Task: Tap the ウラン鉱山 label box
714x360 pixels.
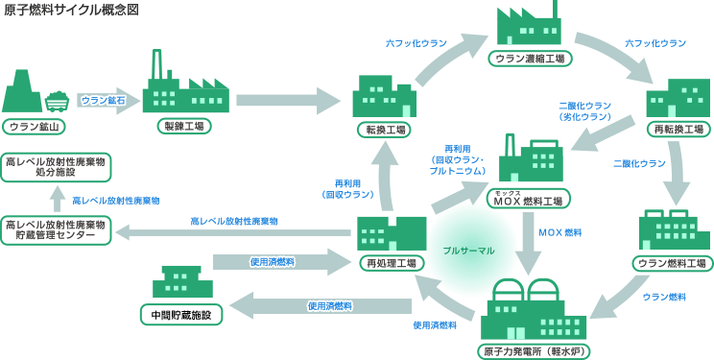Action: coord(35,126)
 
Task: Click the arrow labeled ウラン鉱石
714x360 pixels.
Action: coord(103,99)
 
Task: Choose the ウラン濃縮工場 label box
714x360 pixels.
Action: coord(529,59)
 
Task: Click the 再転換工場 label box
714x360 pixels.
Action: coord(678,129)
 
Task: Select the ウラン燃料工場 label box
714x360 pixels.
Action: coord(673,262)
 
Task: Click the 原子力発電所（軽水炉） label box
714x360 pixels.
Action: coord(534,351)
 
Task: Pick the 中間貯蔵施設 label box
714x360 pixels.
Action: coord(181,314)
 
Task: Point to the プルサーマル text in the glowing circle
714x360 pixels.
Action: coord(468,250)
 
